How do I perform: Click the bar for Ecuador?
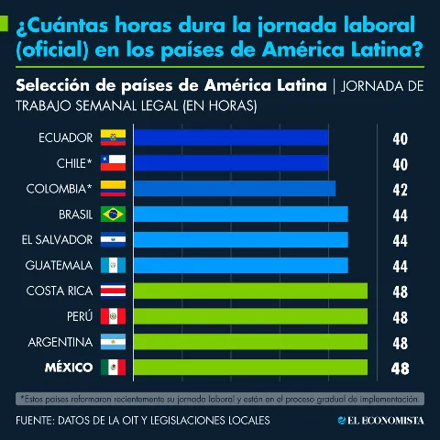click(x=231, y=137)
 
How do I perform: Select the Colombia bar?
click(x=235, y=189)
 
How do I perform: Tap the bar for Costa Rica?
click(x=250, y=291)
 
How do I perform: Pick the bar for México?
click(x=250, y=367)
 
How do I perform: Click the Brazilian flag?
click(x=113, y=214)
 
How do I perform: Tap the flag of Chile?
click(x=113, y=163)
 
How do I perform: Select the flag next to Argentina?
click(x=113, y=342)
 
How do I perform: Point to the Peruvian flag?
click(x=113, y=316)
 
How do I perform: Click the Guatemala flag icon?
click(x=113, y=265)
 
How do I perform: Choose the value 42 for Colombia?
click(x=401, y=190)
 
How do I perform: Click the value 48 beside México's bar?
click(x=400, y=368)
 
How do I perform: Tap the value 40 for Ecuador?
click(x=401, y=139)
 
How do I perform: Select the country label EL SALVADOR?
click(x=57, y=240)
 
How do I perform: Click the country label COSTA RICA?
click(x=60, y=291)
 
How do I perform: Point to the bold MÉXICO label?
click(x=69, y=367)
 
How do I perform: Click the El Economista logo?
click(x=381, y=421)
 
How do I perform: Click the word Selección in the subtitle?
click(x=53, y=85)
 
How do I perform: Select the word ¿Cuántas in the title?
click(x=62, y=26)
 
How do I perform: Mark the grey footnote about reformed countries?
click(x=220, y=399)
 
